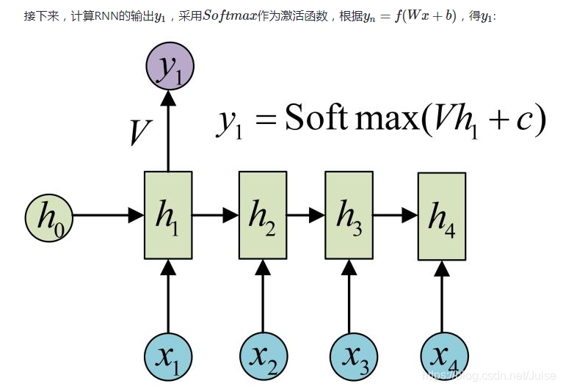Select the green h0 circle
click(x=50, y=216)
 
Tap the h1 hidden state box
click(x=168, y=215)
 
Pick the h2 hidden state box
click(x=262, y=215)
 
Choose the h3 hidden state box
click(x=349, y=215)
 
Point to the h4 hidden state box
click(x=441, y=216)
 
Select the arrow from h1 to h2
click(x=216, y=216)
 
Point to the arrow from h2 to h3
click(x=305, y=216)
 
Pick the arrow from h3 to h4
click(x=395, y=216)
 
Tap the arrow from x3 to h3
click(x=349, y=297)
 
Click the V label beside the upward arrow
click(x=139, y=132)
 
